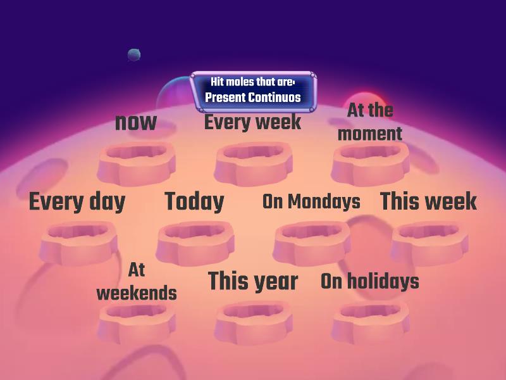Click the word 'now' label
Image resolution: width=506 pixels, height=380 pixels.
tap(135, 122)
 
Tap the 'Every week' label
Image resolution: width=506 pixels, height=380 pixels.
tap(252, 122)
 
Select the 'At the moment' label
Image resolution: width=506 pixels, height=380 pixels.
tap(370, 122)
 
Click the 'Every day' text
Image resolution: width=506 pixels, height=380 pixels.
tap(77, 202)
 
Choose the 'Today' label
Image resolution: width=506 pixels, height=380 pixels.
tap(194, 202)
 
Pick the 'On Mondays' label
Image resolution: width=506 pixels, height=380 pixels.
tap(311, 202)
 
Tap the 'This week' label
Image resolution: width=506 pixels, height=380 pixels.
tap(428, 202)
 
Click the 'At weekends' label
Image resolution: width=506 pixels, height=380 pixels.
tap(136, 281)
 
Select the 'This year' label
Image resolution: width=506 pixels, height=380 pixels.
tap(253, 281)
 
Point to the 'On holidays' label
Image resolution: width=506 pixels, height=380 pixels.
tap(370, 281)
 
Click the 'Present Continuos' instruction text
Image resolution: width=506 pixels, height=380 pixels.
tap(253, 98)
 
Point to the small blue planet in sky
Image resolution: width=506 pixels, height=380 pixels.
tap(133, 55)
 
